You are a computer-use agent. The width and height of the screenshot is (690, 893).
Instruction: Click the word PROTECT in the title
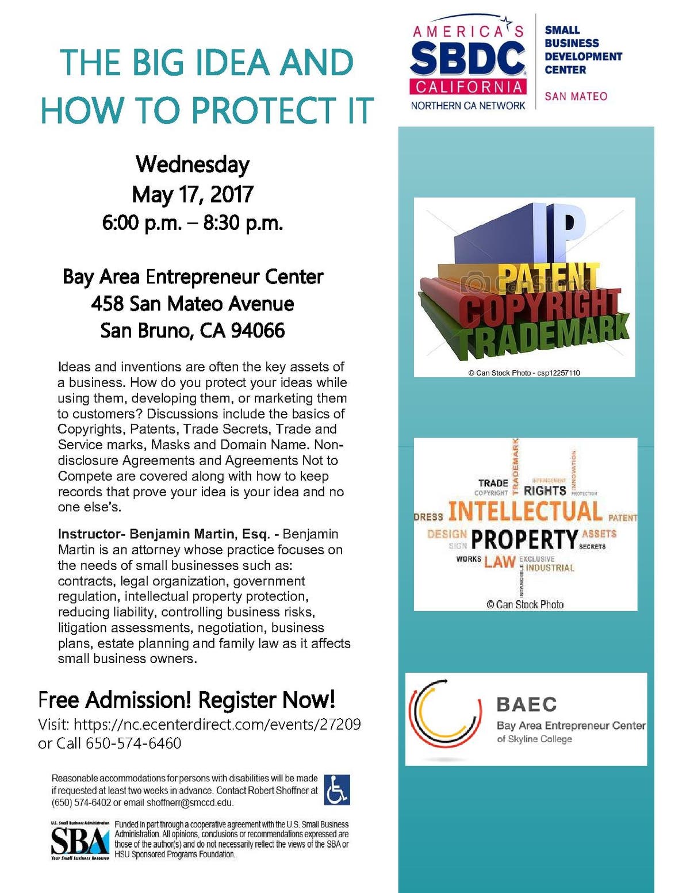tap(262, 110)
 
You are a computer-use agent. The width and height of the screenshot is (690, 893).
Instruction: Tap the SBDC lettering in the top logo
tap(467, 59)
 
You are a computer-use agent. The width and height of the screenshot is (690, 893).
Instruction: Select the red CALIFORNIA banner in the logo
tap(467, 87)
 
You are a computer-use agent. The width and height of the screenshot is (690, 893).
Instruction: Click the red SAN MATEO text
tap(576, 97)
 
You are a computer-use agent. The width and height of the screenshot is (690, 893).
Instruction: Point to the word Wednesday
tap(193, 164)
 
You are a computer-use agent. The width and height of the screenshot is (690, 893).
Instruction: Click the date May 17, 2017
tap(193, 194)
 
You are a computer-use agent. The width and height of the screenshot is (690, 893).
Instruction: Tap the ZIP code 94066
tap(258, 331)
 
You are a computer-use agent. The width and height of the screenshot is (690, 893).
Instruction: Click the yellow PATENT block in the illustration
tap(546, 278)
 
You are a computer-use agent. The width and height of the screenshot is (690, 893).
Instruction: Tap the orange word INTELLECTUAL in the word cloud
tap(524, 511)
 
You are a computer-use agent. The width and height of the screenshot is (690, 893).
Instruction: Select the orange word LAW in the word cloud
tap(499, 562)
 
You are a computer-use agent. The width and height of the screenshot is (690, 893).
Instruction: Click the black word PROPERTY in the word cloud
tap(524, 539)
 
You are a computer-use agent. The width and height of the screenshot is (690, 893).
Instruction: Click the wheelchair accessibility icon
tap(337, 789)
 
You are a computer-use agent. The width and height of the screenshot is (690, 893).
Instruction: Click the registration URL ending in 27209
tap(217, 724)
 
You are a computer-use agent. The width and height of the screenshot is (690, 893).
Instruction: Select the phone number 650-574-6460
tap(133, 743)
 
